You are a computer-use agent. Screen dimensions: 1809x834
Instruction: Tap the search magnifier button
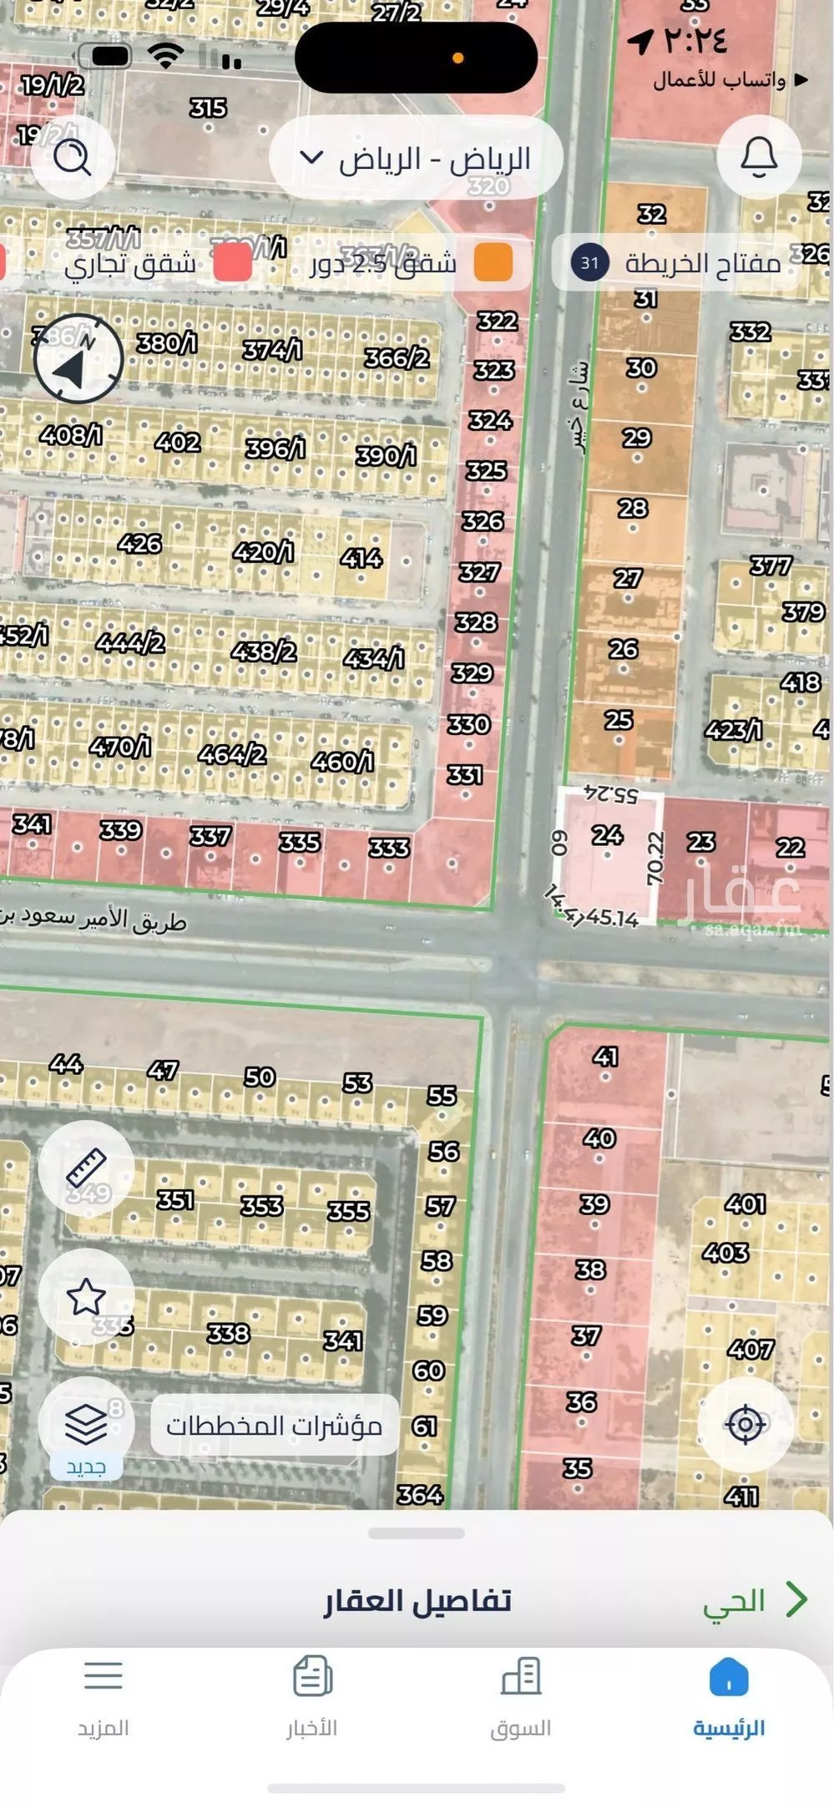(x=73, y=157)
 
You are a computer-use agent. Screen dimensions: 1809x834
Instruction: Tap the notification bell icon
(x=759, y=157)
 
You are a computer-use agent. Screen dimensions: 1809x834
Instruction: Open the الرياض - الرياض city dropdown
(x=416, y=159)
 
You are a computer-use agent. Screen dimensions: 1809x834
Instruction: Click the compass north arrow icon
(x=78, y=360)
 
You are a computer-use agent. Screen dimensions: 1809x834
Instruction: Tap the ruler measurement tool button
(x=86, y=1167)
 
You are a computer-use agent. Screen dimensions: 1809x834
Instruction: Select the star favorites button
(x=86, y=1297)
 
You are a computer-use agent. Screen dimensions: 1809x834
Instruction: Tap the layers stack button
(x=86, y=1423)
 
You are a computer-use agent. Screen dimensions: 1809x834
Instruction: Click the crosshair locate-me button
(x=746, y=1425)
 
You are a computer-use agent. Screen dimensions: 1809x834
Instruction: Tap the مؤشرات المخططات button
(x=274, y=1425)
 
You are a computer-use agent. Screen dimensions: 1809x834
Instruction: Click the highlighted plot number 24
(x=607, y=834)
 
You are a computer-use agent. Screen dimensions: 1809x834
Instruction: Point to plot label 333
(x=389, y=849)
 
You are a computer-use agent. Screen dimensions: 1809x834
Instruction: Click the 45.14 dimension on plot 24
(x=612, y=918)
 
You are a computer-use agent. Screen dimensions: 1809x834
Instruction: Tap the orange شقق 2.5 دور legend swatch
(x=493, y=262)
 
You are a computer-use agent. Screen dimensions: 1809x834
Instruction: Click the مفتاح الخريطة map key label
(x=702, y=264)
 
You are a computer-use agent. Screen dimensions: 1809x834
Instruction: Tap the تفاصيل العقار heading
(x=417, y=1600)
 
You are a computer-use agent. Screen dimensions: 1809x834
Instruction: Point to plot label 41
(x=605, y=1057)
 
